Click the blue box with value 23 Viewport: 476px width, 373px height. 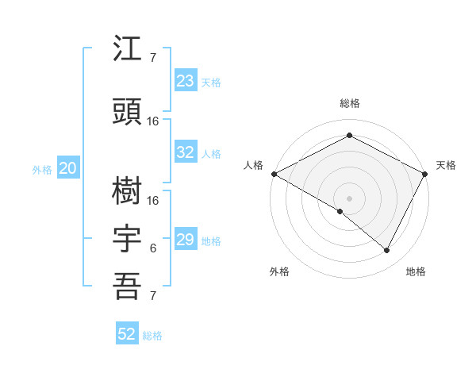[x=185, y=81]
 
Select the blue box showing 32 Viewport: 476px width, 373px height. [x=185, y=153]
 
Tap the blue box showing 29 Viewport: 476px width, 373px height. [x=185, y=240]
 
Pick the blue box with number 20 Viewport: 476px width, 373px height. [x=67, y=168]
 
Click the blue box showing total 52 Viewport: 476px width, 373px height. [x=127, y=334]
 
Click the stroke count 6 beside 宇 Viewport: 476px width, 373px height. [x=153, y=248]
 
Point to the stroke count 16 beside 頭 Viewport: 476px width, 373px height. [x=153, y=121]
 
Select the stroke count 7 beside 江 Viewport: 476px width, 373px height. [x=152, y=58]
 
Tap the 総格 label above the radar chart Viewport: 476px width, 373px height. [x=349, y=103]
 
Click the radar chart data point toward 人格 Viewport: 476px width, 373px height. [x=274, y=174]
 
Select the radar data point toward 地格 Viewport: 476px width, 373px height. [x=387, y=251]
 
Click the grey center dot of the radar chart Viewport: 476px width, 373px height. [x=349, y=198]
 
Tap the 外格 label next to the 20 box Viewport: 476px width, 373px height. [x=41, y=169]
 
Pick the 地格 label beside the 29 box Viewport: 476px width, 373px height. [x=211, y=240]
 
